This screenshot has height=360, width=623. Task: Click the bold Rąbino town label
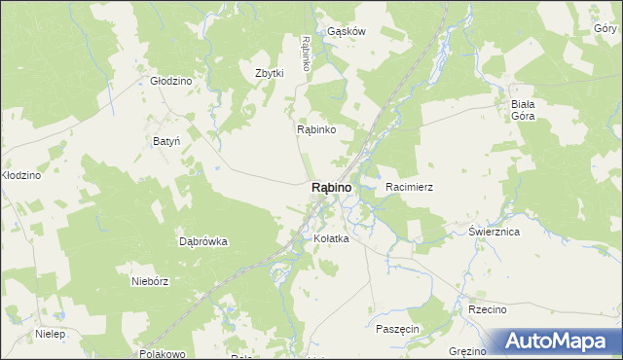[331, 187]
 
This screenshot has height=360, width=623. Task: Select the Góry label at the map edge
[606, 29]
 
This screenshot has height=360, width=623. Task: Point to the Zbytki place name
[269, 73]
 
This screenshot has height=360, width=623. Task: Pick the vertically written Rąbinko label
[306, 53]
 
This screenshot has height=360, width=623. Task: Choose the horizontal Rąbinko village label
[316, 128]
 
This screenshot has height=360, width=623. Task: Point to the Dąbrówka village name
[203, 241]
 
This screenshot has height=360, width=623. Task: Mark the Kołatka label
[331, 238]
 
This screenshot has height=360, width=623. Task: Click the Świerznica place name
[494, 232]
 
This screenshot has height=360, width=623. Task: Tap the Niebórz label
[150, 281]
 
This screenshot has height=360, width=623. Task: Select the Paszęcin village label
[397, 329]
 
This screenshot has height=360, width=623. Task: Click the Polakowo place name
[163, 354]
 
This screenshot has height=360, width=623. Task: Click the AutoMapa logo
[559, 342]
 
